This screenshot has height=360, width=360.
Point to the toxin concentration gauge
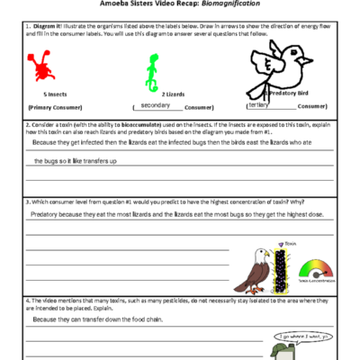click(x=313, y=268)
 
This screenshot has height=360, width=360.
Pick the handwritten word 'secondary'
click(x=156, y=105)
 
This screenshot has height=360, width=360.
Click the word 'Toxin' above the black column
click(x=290, y=242)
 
